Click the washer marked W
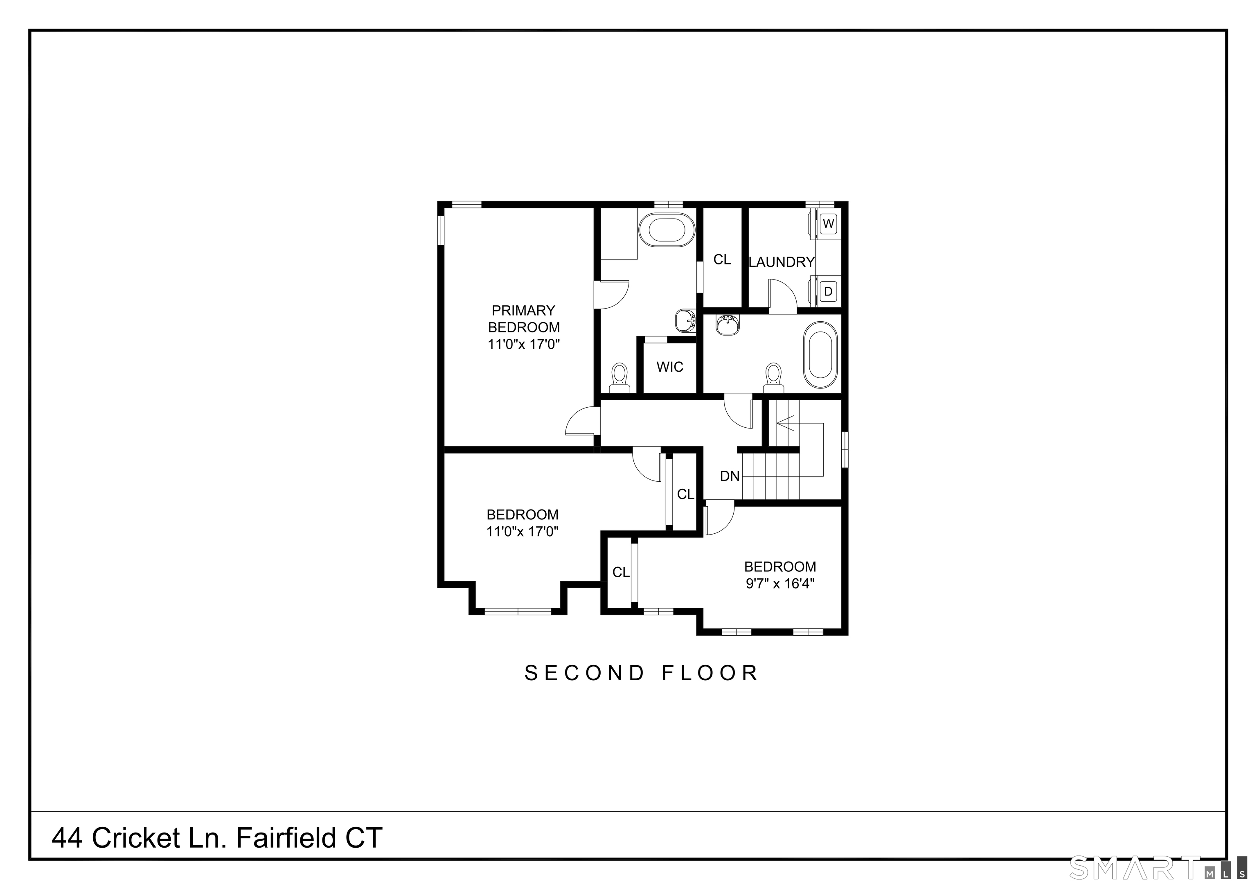tap(828, 223)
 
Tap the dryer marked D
tap(828, 291)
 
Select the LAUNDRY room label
tap(781, 262)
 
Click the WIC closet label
tap(669, 367)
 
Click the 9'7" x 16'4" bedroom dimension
tap(780, 583)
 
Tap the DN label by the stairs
tap(730, 476)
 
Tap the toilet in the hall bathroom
tap(773, 377)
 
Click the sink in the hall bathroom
tap(728, 325)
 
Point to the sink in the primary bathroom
tap(685, 321)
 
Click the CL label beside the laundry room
tap(722, 259)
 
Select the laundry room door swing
tap(783, 296)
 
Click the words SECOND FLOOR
tap(641, 673)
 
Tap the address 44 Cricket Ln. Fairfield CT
tap(217, 838)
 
